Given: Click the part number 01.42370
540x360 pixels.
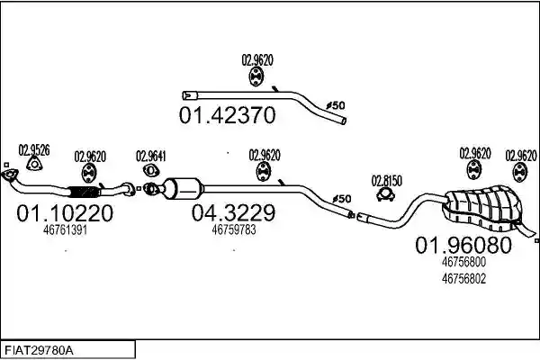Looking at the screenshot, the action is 228,115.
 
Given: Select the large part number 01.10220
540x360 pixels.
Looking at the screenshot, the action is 65,213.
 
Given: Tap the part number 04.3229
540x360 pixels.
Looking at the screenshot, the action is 233,212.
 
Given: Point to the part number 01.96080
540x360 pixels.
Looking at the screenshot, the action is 463,246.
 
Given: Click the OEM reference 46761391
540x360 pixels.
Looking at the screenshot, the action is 65,230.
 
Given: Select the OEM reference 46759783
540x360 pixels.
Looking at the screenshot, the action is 234,229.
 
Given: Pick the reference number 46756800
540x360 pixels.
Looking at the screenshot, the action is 463,262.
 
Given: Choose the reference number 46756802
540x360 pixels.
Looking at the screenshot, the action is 463,278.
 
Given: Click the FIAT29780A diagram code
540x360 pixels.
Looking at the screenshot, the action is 39,351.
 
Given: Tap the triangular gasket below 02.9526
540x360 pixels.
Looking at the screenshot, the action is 34,164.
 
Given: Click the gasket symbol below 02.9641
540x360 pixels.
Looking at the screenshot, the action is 150,170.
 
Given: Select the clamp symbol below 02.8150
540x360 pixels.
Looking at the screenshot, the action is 385,195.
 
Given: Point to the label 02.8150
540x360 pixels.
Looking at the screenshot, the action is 387,181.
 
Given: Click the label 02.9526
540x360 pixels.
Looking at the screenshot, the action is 34,150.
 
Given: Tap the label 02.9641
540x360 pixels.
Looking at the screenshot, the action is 151,156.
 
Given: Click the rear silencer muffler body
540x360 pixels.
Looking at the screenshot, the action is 484,208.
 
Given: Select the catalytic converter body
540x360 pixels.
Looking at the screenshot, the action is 184,188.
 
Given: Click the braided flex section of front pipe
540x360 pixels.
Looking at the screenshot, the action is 83,192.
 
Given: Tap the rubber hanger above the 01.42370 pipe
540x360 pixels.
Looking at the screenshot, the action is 256,76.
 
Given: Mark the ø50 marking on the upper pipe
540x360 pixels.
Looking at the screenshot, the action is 336,105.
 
